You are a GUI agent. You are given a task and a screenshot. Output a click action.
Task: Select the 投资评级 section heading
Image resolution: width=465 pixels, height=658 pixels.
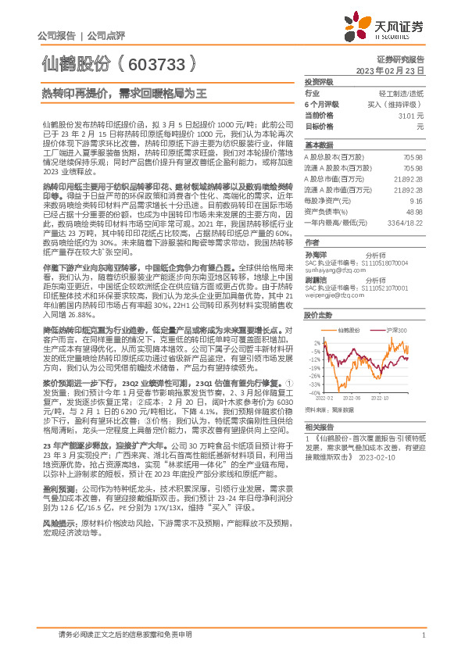pyautogui.click(x=319, y=81)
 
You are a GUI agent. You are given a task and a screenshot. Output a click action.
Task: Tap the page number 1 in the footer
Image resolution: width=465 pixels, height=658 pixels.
pyautogui.click(x=423, y=637)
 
